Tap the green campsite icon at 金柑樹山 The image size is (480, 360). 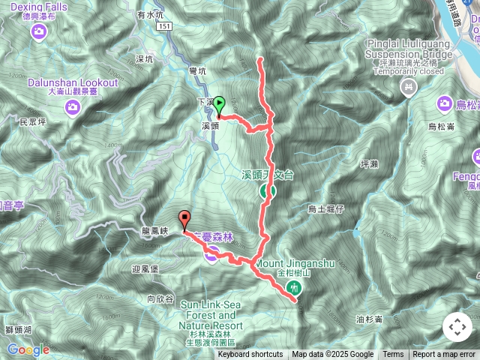click(x=295, y=288)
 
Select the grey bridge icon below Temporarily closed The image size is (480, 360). click(x=408, y=89)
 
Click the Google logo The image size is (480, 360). click(x=28, y=349)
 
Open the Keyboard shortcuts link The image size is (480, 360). click(x=250, y=355)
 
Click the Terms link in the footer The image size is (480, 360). click(x=393, y=355)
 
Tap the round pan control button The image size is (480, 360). click(x=457, y=327)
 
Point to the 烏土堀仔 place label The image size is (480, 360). click(x=325, y=209)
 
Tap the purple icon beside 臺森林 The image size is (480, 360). click(x=212, y=256)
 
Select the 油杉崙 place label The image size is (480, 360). click(x=370, y=319)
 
